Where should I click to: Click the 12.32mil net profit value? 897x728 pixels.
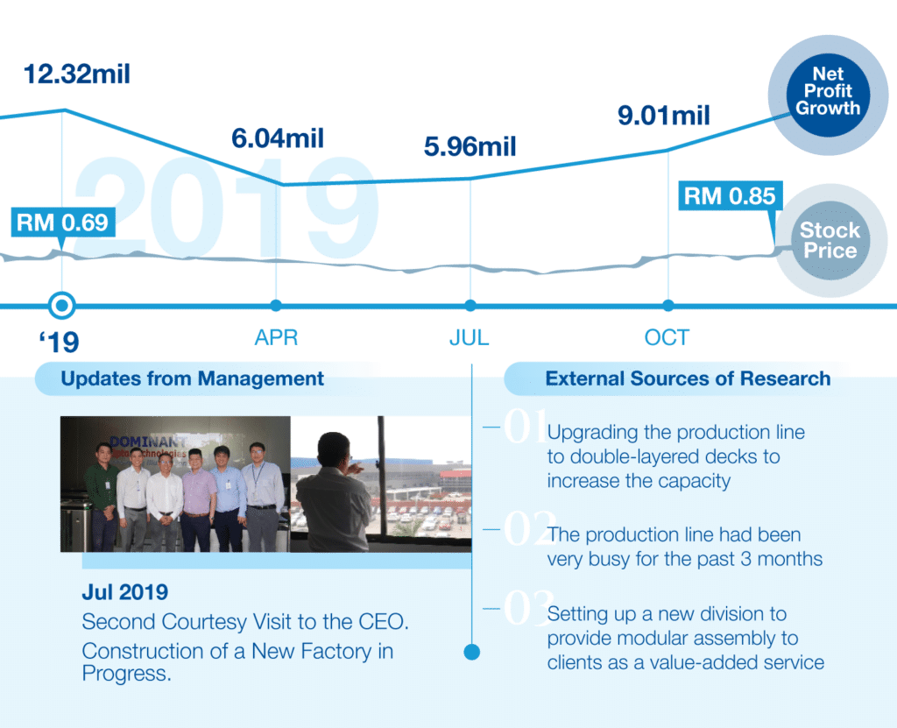click(x=77, y=74)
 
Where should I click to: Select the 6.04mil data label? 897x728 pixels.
click(x=278, y=138)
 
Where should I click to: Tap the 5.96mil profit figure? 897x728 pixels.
click(x=470, y=146)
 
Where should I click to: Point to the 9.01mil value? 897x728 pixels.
click(x=664, y=116)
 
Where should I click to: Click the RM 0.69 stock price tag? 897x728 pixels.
click(x=63, y=222)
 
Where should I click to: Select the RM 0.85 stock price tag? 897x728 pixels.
click(x=730, y=195)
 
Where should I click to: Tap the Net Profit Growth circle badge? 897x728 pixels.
click(x=828, y=95)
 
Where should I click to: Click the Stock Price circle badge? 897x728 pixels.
click(x=830, y=240)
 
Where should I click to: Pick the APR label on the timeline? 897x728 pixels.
click(x=276, y=337)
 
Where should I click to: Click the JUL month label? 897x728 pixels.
click(x=470, y=337)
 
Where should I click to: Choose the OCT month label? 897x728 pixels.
click(x=667, y=337)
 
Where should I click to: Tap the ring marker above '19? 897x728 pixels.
click(x=62, y=305)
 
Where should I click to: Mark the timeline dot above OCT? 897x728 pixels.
click(x=668, y=305)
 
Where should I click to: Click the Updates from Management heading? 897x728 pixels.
click(x=192, y=378)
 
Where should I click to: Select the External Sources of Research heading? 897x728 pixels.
click(x=688, y=378)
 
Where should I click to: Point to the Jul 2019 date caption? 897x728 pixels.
click(x=124, y=592)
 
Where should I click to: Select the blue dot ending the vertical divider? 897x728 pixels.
click(x=472, y=652)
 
